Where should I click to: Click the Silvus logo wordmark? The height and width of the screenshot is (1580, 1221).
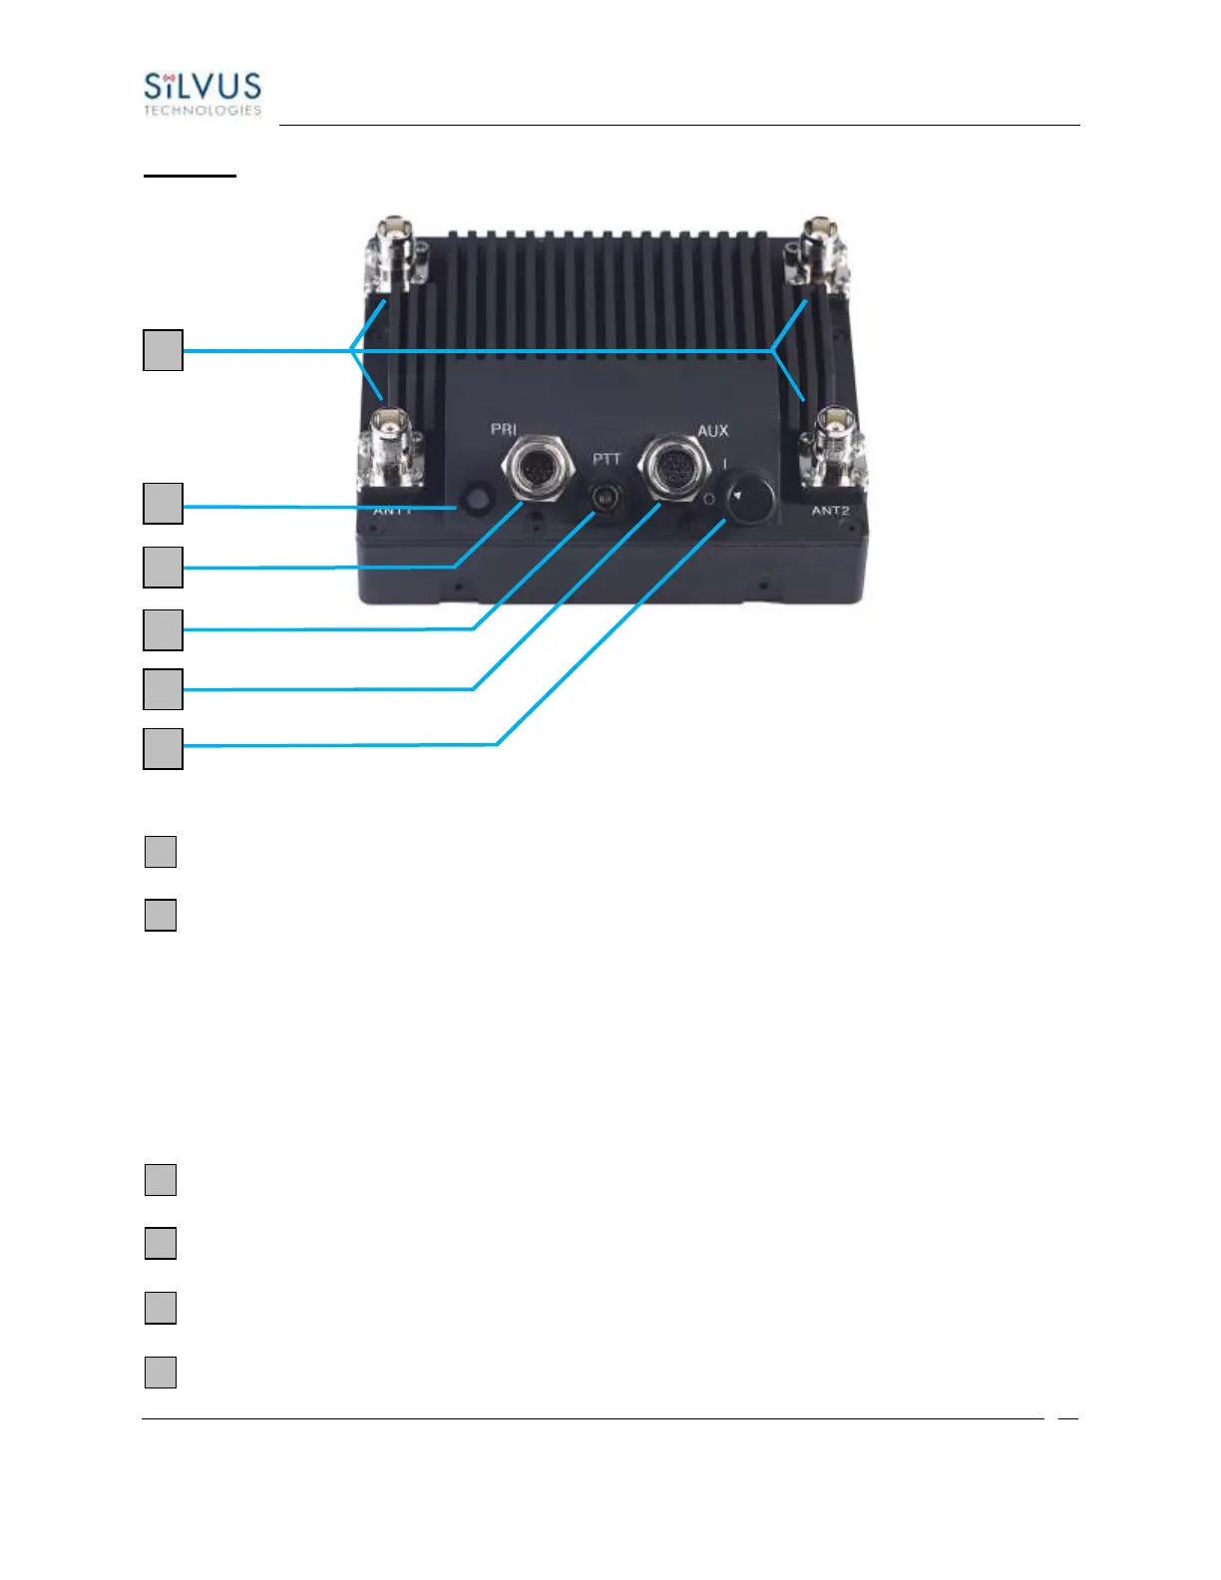(x=203, y=86)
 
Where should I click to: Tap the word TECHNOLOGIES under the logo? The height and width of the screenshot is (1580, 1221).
(x=203, y=111)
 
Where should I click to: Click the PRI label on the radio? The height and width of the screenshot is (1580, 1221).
(x=503, y=429)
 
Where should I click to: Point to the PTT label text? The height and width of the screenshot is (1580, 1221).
(x=607, y=459)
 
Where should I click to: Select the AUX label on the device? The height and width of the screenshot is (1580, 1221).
(x=712, y=431)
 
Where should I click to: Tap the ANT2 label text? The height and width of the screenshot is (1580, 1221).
(x=830, y=511)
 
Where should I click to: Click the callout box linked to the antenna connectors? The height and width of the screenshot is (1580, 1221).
(x=163, y=350)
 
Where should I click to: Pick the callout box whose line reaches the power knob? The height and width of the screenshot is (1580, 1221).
(x=163, y=748)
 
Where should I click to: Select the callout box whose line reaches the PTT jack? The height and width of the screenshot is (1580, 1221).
(x=163, y=629)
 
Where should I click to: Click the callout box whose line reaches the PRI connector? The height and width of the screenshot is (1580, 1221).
(x=163, y=567)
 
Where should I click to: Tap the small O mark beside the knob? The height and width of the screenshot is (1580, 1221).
(x=708, y=498)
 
